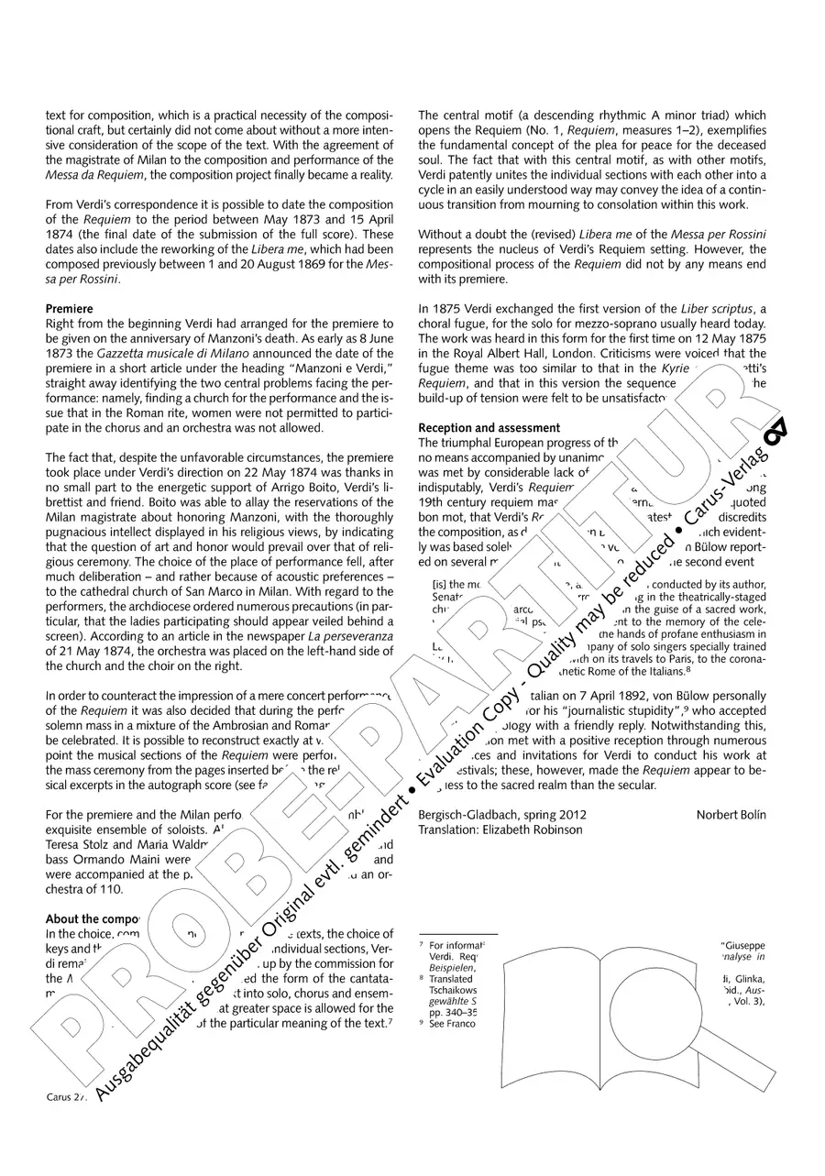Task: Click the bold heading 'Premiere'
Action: click(70, 309)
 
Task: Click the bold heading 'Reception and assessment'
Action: click(489, 428)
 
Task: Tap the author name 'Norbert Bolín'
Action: click(731, 815)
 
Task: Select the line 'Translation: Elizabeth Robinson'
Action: click(500, 830)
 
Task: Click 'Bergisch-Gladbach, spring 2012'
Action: click(502, 815)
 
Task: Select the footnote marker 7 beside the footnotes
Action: click(421, 943)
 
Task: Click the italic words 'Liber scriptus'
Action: click(718, 309)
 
